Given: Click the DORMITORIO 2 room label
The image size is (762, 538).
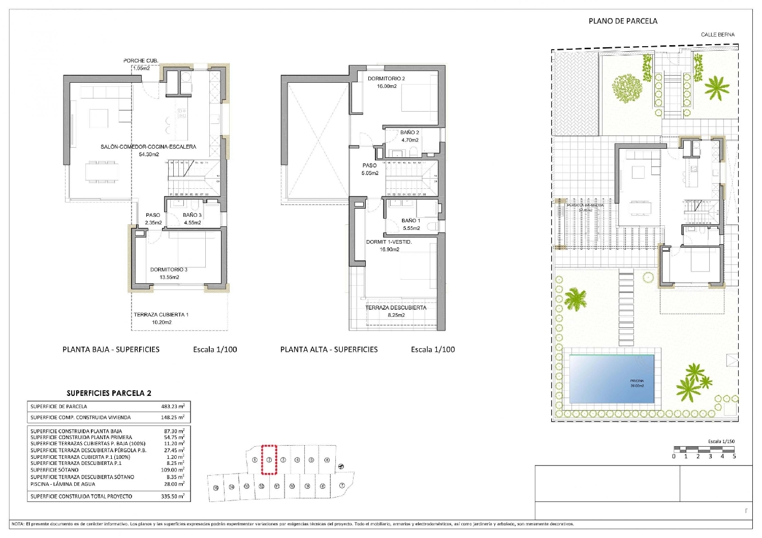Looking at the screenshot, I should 386,79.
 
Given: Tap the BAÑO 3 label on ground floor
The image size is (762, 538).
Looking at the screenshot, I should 192,215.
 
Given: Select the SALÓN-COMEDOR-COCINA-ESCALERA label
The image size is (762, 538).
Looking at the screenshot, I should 148,147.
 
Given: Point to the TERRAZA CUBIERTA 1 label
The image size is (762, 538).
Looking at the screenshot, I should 161,315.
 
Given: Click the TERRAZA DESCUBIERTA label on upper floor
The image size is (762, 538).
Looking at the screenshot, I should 396,308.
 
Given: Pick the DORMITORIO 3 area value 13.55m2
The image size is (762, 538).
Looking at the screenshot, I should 169,277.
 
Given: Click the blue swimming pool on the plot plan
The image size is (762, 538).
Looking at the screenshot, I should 611,379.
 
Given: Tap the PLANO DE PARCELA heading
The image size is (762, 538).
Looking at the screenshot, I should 623,21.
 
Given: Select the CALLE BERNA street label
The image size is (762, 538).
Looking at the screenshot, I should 717,35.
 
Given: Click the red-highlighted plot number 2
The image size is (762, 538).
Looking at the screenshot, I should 269,460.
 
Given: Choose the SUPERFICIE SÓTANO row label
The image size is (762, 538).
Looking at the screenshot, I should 54,470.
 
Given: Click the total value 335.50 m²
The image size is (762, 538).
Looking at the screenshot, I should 173,496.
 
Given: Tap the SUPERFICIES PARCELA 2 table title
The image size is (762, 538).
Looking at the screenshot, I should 109,393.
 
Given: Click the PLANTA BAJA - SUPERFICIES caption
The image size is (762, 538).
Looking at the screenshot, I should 111,349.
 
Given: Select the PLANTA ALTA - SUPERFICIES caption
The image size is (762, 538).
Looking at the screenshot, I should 329,349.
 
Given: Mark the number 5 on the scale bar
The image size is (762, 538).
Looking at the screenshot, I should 734,456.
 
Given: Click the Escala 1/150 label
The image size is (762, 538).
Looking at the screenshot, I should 721,442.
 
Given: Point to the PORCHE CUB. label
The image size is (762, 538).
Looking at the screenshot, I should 141,61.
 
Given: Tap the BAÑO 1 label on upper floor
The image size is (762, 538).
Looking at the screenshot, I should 410,221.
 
